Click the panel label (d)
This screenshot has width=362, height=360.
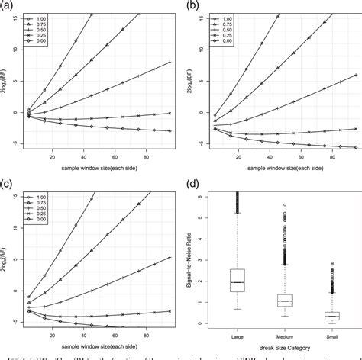195,185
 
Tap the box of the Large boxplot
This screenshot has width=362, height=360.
238,281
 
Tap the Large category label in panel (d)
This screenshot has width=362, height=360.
238,335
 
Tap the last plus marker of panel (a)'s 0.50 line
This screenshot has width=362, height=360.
169,63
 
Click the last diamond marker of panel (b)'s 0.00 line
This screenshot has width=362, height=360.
350,147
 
